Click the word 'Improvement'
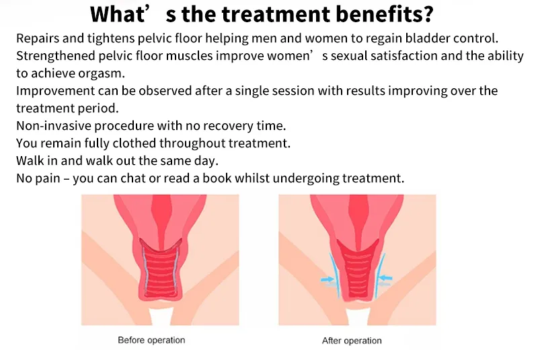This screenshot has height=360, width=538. point(56,91)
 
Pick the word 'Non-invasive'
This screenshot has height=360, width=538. point(54,126)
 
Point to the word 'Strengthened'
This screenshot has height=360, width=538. point(56,56)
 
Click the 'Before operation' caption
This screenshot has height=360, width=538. point(151,340)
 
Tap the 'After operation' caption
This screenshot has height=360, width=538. point(352,340)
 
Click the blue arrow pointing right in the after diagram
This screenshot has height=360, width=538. point(328,279)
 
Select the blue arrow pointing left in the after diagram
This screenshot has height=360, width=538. point(385,278)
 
